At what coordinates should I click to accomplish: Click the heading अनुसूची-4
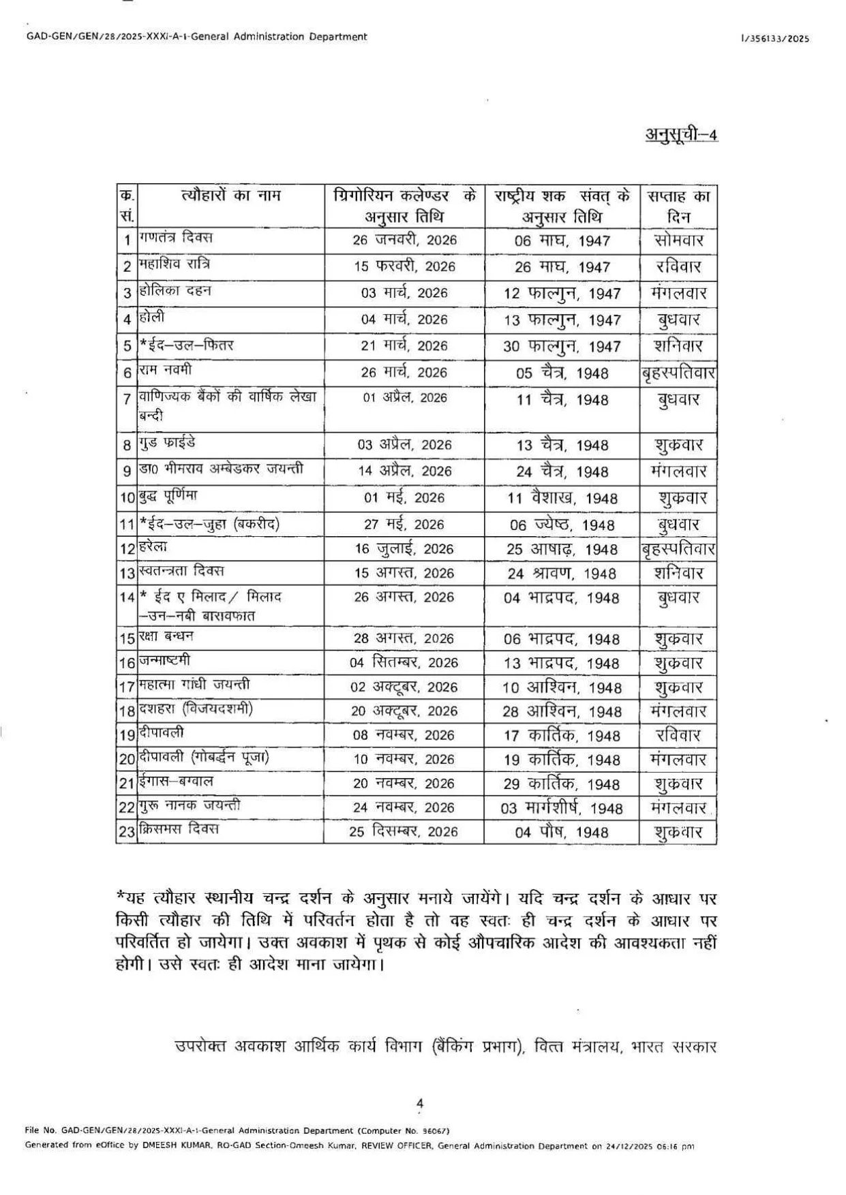pyautogui.click(x=681, y=134)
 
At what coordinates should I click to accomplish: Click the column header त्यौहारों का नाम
pyautogui.click(x=231, y=196)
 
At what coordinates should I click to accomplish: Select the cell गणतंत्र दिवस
pyautogui.click(x=176, y=238)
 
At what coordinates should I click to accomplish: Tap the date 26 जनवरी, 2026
pyautogui.click(x=404, y=240)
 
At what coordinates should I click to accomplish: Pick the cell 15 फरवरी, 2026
pyautogui.click(x=404, y=266)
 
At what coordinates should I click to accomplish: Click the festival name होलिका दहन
pyautogui.click(x=175, y=291)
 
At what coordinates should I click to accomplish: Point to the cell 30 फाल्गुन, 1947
pyautogui.click(x=562, y=346)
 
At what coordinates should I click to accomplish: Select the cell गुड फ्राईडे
pyautogui.click(x=168, y=443)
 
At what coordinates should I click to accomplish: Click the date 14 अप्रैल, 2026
pyautogui.click(x=404, y=471)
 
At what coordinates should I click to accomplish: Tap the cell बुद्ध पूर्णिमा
pyautogui.click(x=168, y=495)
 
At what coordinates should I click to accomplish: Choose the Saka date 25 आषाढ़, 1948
pyautogui.click(x=562, y=549)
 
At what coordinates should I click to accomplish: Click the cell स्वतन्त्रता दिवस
pyautogui.click(x=181, y=571)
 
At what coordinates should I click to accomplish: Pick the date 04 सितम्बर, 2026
pyautogui.click(x=404, y=663)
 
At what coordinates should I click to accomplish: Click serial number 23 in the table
pyautogui.click(x=126, y=832)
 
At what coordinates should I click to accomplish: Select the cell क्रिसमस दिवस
pyautogui.click(x=179, y=830)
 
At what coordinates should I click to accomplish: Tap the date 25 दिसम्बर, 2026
pyautogui.click(x=404, y=832)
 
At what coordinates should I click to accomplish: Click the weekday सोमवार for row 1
pyautogui.click(x=678, y=240)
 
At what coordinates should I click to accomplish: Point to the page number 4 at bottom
pyautogui.click(x=420, y=1103)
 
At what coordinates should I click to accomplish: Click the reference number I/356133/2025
pyautogui.click(x=775, y=39)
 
